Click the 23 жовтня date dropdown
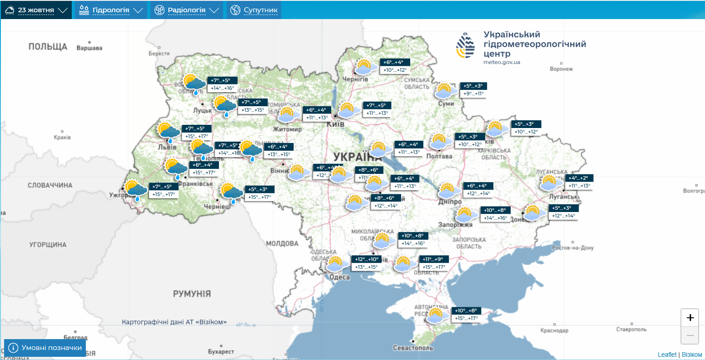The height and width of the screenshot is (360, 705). [36, 10]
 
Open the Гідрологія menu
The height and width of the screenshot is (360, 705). [111, 10]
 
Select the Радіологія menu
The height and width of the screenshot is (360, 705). [186, 10]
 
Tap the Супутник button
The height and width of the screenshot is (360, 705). [254, 10]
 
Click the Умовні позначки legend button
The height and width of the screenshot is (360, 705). [45, 348]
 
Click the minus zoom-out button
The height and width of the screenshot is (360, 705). [690, 335]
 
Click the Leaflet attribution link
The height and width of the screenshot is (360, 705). [667, 355]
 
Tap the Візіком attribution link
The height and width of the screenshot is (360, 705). [692, 355]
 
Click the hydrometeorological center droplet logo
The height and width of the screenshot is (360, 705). [466, 45]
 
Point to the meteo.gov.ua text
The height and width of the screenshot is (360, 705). [501, 62]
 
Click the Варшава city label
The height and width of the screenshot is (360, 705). [89, 48]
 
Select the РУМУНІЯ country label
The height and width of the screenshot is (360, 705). [192, 294]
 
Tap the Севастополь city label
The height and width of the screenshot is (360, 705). [413, 348]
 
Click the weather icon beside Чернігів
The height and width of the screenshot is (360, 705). [365, 67]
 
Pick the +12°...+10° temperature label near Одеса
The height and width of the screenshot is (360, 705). [367, 259]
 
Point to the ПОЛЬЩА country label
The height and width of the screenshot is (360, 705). [48, 47]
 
